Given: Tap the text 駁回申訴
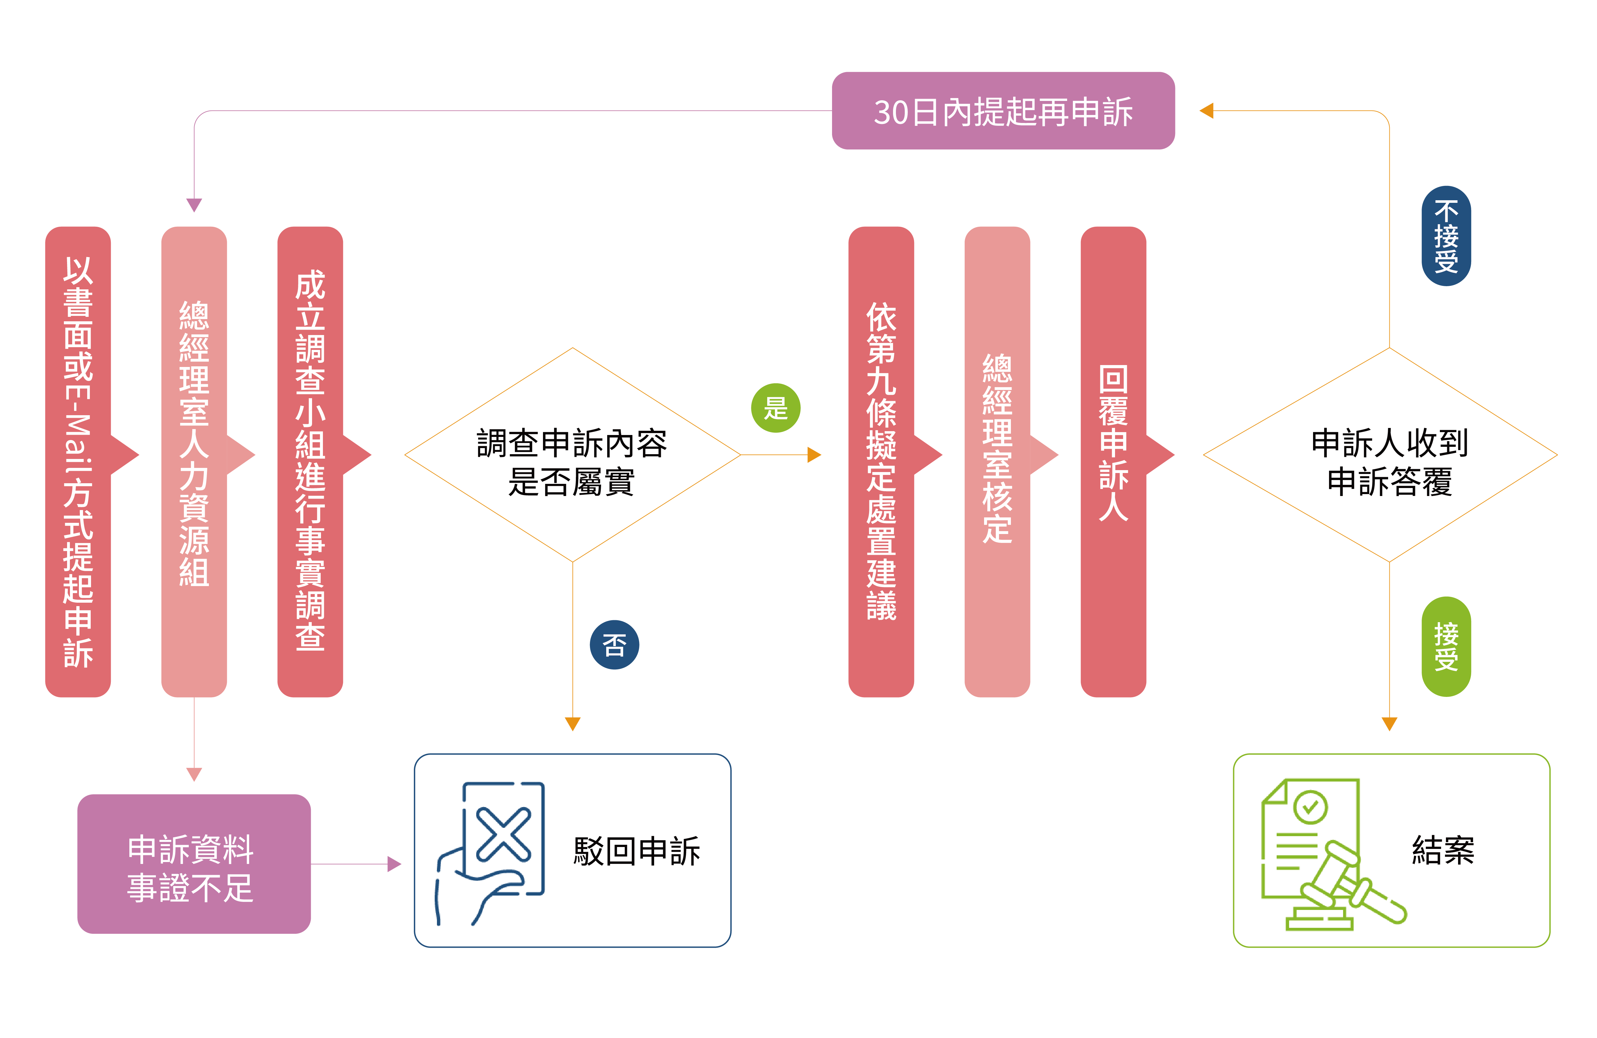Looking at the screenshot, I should tap(636, 851).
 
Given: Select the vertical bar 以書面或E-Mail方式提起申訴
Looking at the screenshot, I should tap(78, 462).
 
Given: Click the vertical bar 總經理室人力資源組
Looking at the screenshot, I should tap(194, 462).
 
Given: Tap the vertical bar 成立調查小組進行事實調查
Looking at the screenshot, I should tap(310, 462).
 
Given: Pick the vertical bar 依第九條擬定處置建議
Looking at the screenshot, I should tap(881, 462).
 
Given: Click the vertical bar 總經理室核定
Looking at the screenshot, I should tap(997, 462).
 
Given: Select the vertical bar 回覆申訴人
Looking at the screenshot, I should tap(1113, 462).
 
